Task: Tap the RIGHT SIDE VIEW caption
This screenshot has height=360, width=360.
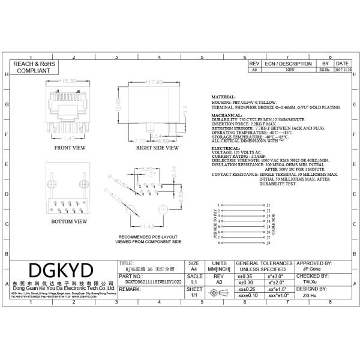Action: [x=157, y=147]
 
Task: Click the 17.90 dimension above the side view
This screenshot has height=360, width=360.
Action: [x=155, y=81]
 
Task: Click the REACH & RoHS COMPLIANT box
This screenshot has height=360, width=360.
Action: [x=34, y=67]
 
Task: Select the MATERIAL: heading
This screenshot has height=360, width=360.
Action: [x=224, y=97]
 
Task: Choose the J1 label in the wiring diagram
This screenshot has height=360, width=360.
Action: [x=269, y=205]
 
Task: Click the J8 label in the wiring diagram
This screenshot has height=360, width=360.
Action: [x=269, y=243]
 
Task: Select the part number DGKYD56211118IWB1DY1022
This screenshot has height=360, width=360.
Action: [x=153, y=281]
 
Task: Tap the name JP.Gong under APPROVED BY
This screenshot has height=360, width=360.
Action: [x=311, y=269]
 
